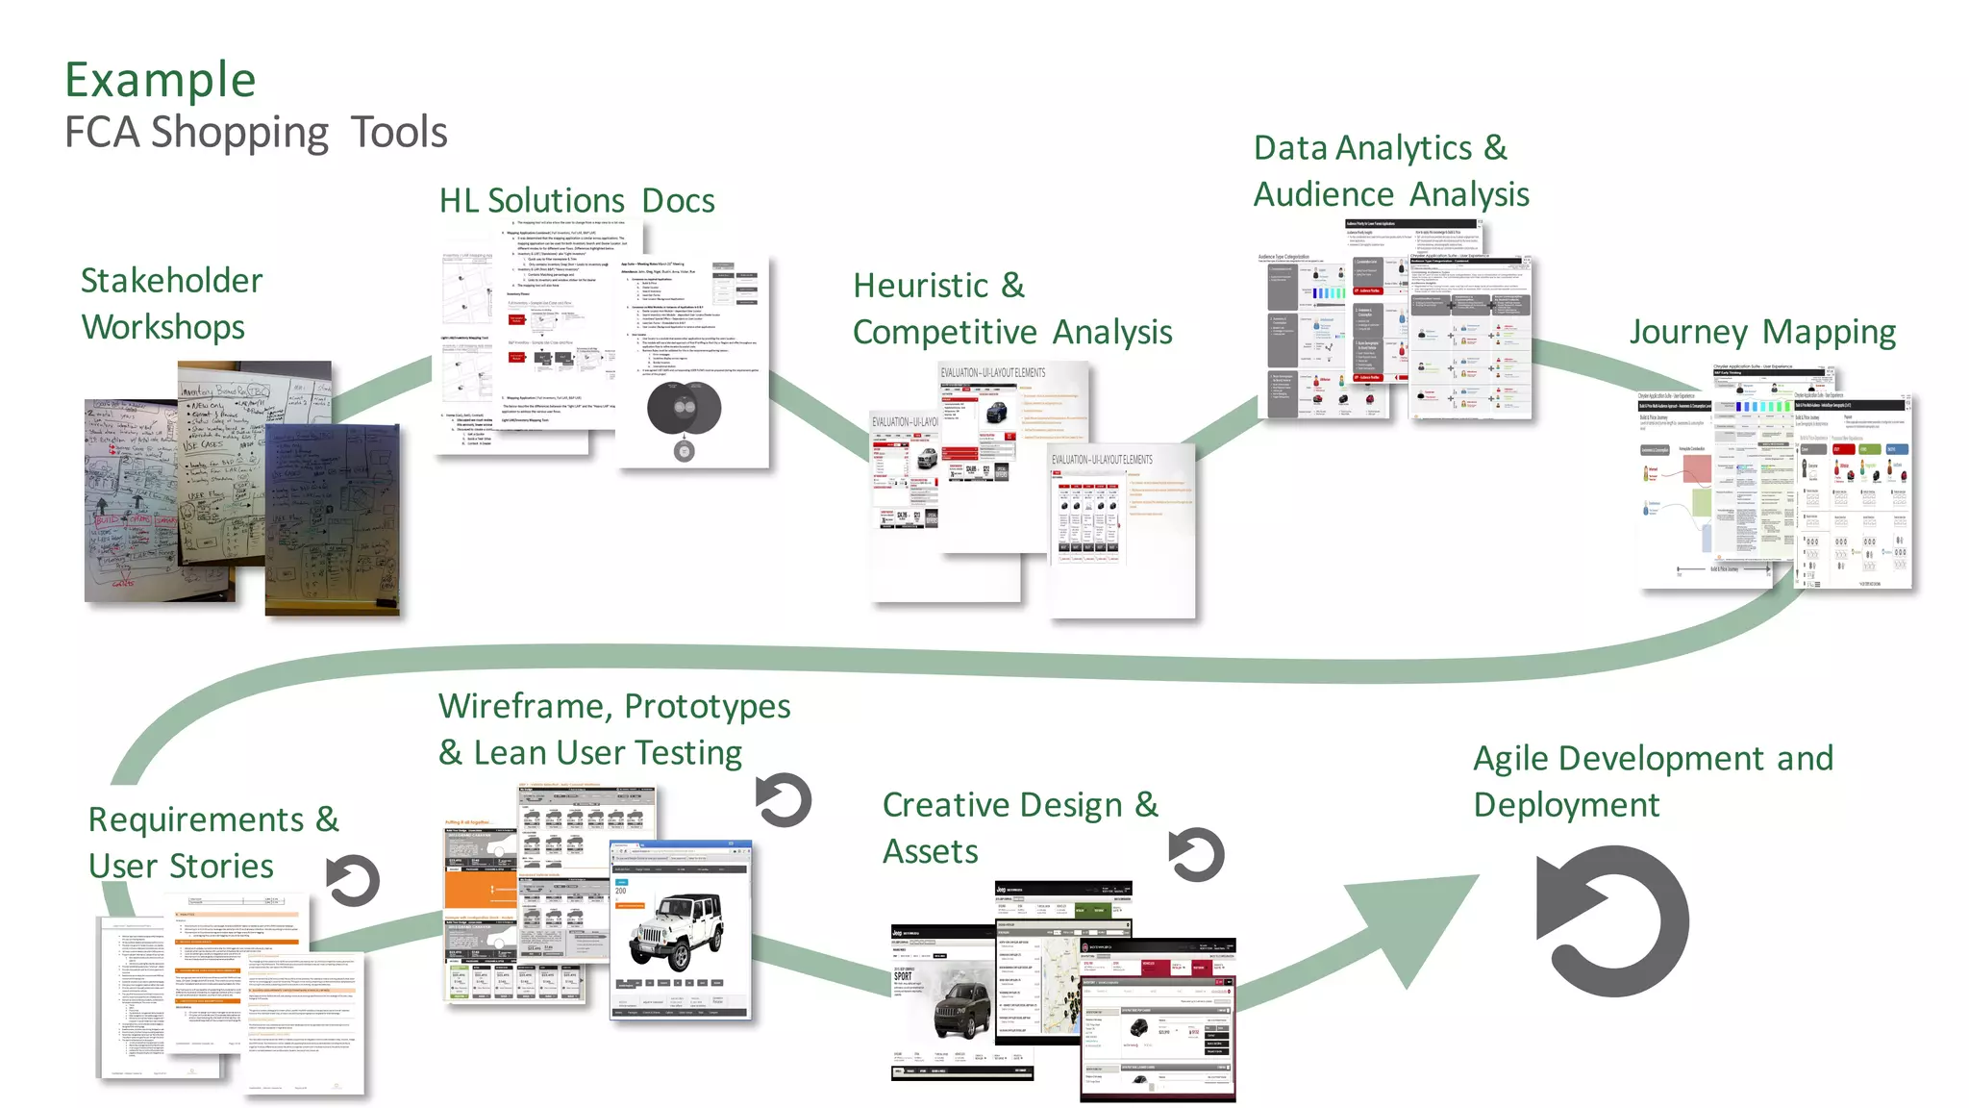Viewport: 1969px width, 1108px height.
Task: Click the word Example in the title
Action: point(160,80)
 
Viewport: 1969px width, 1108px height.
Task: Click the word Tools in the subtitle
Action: point(398,132)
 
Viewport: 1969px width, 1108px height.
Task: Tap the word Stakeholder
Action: point(171,281)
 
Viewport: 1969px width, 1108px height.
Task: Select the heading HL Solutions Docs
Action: point(576,200)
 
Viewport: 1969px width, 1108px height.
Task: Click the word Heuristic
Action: point(920,286)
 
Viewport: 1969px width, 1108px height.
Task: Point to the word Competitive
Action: point(944,332)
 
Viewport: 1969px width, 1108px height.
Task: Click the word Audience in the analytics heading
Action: point(1323,194)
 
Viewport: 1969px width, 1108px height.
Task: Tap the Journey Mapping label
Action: point(1761,332)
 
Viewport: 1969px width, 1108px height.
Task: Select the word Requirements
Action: point(196,819)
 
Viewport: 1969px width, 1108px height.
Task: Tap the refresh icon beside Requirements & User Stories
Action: point(353,881)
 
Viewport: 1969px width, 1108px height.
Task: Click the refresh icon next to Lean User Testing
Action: point(783,800)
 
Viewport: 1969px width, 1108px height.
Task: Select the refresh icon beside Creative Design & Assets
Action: point(1196,855)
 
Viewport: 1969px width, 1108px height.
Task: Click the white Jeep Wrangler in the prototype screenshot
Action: point(678,931)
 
